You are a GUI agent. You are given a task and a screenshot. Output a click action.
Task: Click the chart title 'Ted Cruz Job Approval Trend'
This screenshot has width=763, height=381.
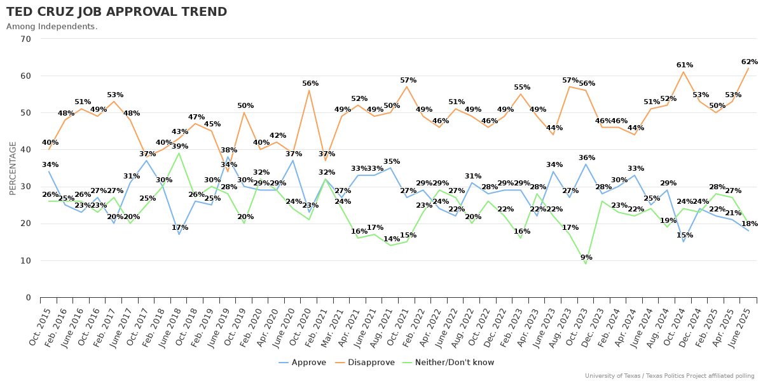pos(116,12)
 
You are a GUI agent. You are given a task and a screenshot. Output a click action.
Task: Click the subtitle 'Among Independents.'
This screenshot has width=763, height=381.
pos(52,27)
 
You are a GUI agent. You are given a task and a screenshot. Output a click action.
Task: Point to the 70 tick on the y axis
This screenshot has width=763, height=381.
pos(26,39)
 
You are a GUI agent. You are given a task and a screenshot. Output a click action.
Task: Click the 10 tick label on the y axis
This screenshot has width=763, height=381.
pos(26,261)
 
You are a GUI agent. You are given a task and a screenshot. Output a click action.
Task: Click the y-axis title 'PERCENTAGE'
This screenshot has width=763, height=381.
pos(13,168)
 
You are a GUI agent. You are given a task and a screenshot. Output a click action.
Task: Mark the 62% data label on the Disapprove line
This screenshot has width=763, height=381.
pos(749,62)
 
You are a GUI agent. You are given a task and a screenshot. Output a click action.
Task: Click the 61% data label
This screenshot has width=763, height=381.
pos(684,65)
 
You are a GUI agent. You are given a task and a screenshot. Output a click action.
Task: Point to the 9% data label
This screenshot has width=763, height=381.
pos(586,257)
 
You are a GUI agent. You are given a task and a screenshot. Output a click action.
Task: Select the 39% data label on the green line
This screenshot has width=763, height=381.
pos(179,146)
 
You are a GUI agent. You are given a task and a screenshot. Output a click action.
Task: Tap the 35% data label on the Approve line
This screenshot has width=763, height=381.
pos(391,161)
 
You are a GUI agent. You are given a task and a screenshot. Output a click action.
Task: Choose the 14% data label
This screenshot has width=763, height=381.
pos(391,239)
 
